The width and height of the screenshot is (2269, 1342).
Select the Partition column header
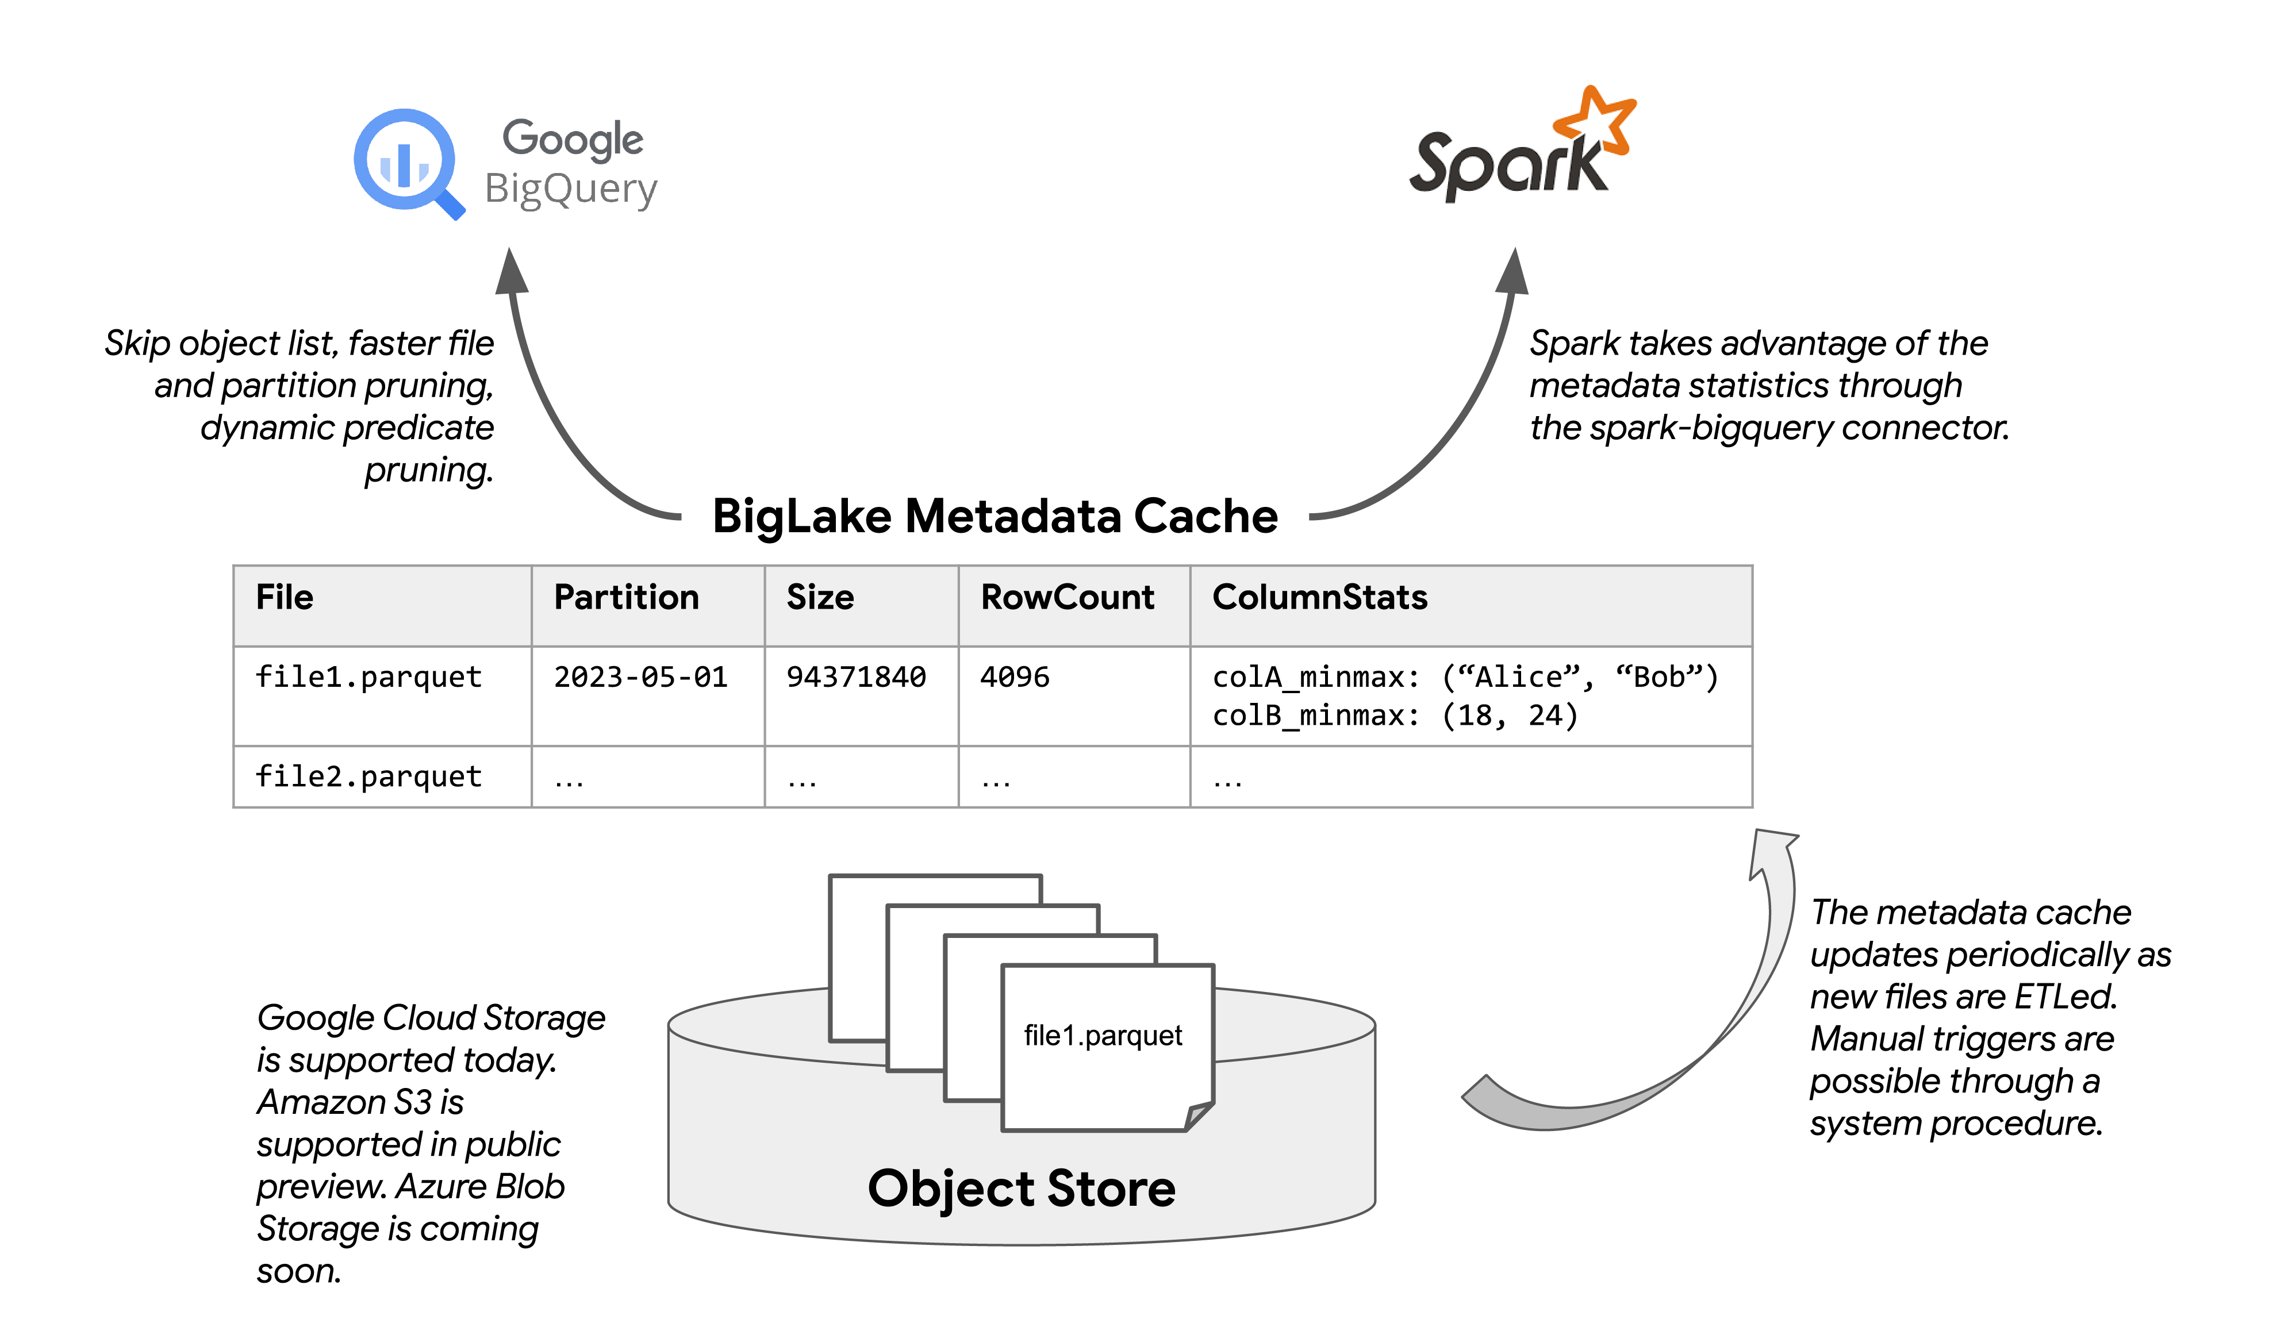[x=626, y=598]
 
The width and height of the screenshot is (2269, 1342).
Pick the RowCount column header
[x=1067, y=598]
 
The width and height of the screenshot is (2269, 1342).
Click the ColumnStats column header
[x=1319, y=598]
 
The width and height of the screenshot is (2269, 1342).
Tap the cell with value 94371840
[x=855, y=678]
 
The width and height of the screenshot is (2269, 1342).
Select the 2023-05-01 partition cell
[x=640, y=678]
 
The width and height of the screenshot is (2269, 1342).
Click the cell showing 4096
[x=1015, y=678]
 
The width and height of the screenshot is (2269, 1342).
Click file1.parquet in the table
[x=368, y=678]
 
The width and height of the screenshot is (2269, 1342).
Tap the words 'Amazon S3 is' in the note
[x=360, y=1102]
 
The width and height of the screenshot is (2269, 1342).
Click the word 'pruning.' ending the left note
[x=429, y=470]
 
